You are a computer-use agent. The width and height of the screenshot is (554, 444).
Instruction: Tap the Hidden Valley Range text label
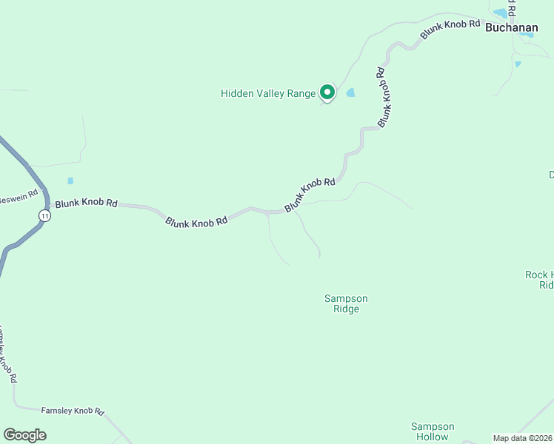point(268,93)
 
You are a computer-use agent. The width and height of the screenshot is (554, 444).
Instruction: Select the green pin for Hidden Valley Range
point(327,92)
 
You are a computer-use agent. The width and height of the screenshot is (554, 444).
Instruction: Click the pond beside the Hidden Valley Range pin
point(350,92)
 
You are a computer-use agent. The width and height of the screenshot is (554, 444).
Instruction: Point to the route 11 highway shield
point(45,215)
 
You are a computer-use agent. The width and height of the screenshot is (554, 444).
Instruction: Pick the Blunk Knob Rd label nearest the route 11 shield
point(86,202)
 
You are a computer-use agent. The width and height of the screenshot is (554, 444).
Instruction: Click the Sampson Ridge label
point(346,303)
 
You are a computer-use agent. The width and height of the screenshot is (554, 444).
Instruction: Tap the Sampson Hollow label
point(433,431)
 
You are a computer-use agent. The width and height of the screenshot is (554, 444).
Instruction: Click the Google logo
point(25,435)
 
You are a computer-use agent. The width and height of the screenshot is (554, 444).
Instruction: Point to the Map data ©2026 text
point(522,438)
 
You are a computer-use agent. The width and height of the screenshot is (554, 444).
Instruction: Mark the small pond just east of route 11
point(70,181)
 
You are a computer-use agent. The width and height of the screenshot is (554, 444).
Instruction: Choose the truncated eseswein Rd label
point(19,198)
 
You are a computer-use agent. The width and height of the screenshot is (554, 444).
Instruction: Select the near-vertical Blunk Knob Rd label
point(383,97)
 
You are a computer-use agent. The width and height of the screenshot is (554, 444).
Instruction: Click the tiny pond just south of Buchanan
point(517,64)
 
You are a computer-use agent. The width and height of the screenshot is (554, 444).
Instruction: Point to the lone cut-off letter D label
point(550,175)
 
